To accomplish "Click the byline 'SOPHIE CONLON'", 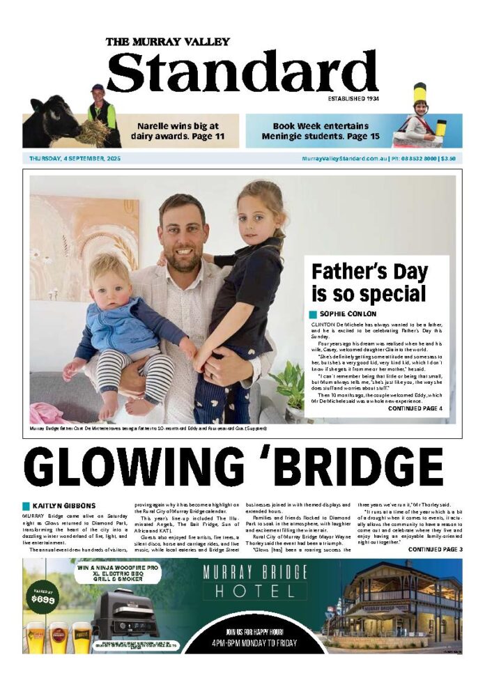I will pos(348,314).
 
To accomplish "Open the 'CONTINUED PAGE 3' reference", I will pos(435,549).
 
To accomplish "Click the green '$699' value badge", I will pos(44,598).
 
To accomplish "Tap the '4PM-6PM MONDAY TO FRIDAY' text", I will pos(254,642).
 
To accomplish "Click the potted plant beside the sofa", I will pos(291,386).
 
